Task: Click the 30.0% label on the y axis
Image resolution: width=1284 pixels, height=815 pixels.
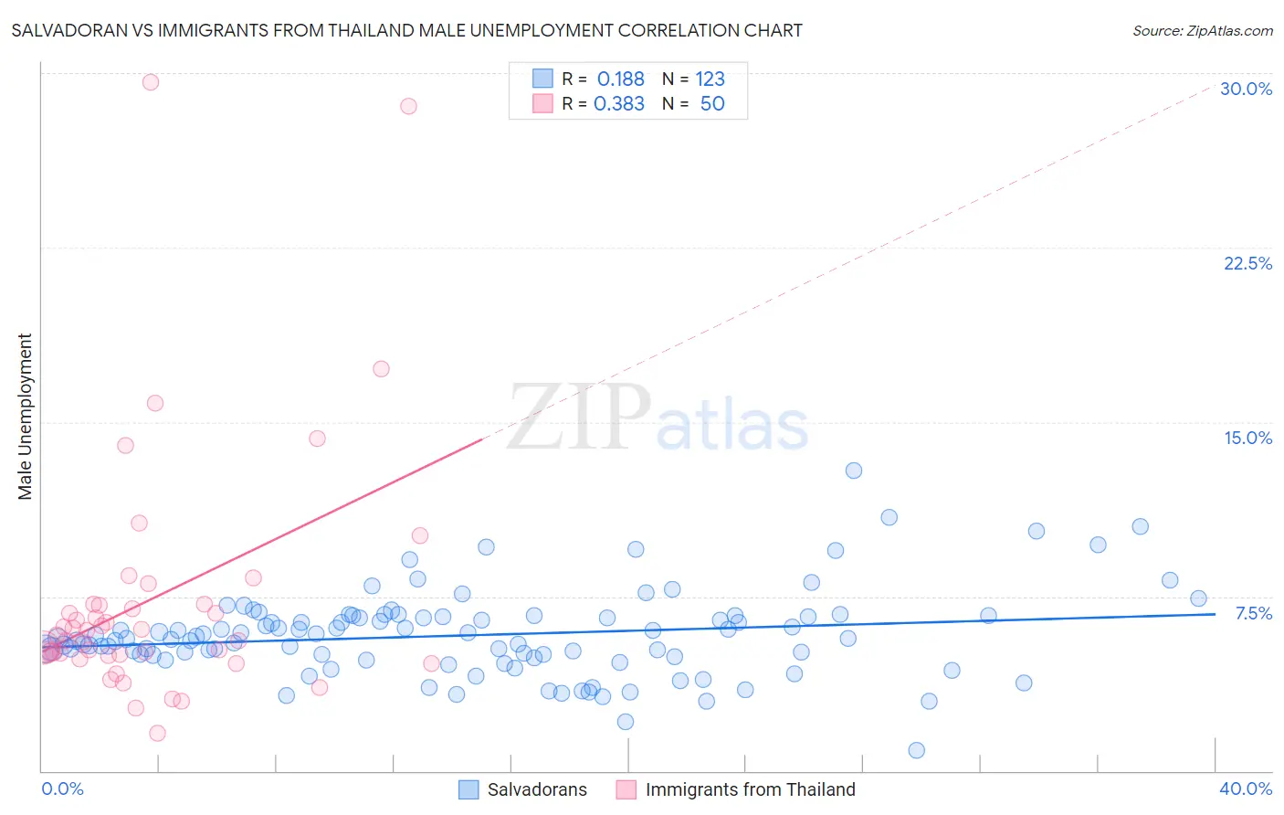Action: point(1246,89)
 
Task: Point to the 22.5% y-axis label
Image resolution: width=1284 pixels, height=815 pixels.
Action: point(1247,263)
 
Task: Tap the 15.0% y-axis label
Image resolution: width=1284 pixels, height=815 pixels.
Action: point(1247,438)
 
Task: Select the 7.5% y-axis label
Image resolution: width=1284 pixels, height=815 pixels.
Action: point(1253,613)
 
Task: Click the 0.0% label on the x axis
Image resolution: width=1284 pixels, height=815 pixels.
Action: point(62,789)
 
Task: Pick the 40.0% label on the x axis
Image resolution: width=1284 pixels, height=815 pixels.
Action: point(1245,789)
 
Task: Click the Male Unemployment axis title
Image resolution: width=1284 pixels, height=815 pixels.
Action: point(26,417)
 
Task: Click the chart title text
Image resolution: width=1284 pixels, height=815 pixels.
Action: point(407,30)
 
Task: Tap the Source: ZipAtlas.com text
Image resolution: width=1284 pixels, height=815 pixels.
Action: point(1202,30)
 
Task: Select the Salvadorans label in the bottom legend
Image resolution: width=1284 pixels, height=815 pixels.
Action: point(537,789)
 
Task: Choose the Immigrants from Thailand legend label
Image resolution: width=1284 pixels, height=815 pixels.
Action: point(750,789)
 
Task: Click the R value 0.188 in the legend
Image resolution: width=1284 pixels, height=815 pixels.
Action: point(620,79)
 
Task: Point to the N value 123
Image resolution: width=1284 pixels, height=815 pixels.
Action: point(710,79)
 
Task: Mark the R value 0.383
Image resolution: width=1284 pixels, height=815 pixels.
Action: point(619,104)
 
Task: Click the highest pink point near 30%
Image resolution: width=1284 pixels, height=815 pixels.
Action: point(151,82)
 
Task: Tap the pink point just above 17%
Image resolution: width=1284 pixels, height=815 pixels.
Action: point(381,369)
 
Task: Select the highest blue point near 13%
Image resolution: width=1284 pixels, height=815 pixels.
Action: point(854,471)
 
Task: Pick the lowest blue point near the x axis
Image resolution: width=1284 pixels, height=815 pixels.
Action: point(917,750)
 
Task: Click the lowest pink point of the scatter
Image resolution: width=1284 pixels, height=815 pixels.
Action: point(157,733)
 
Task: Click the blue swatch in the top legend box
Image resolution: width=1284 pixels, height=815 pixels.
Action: point(542,79)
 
